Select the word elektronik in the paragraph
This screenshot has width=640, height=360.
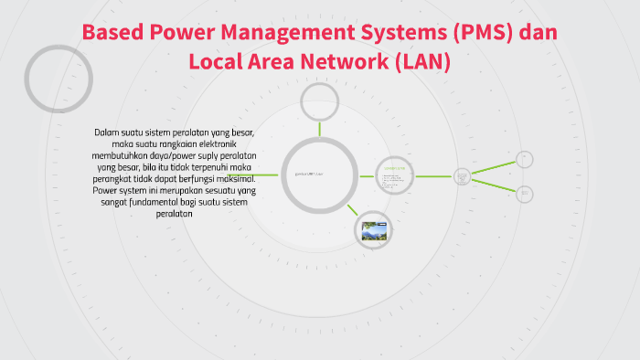click(225, 144)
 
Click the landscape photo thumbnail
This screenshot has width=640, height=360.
click(374, 230)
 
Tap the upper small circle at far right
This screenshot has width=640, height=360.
click(524, 159)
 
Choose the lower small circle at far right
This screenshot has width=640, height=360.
click(524, 194)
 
